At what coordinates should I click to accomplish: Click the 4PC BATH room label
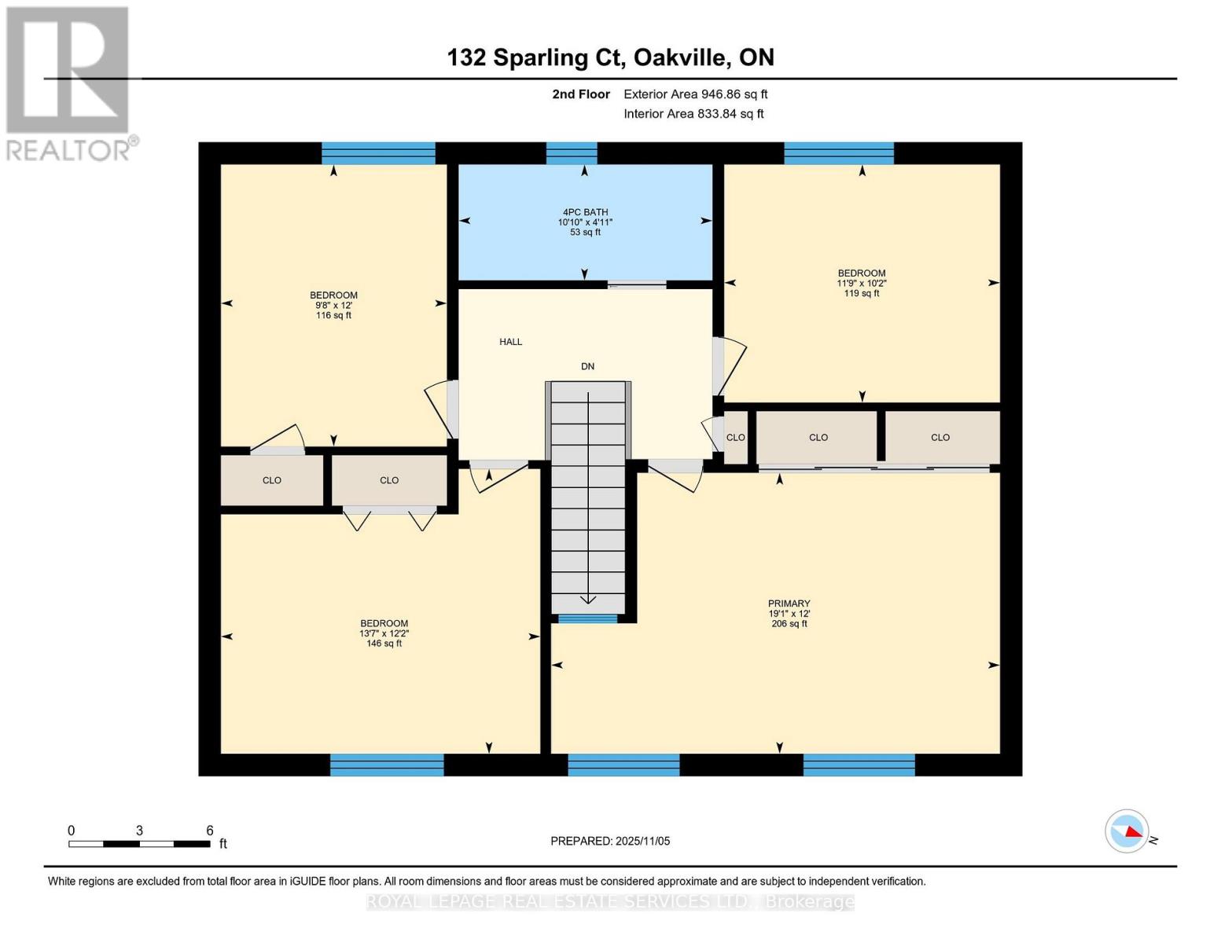[585, 212]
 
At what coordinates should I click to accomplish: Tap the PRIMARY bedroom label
[789, 604]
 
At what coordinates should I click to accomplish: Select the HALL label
[510, 342]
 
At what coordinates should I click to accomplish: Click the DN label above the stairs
[587, 366]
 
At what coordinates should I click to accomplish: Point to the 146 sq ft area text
[384, 644]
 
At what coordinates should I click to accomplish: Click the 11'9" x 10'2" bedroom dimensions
[862, 284]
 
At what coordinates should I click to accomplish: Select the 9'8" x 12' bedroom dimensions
[333, 306]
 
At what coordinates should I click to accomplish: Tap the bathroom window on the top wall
[572, 153]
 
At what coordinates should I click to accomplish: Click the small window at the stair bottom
[587, 619]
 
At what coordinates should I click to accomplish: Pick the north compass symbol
[1127, 831]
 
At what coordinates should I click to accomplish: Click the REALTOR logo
[69, 83]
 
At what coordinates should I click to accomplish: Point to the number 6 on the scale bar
[210, 831]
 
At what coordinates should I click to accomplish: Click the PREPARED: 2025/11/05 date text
[610, 841]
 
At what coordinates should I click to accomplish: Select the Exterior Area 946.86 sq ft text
[695, 94]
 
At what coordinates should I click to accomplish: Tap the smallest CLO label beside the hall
[735, 438]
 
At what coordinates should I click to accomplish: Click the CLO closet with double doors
[389, 480]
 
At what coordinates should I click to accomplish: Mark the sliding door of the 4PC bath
[637, 284]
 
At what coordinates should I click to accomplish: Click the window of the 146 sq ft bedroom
[387, 765]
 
